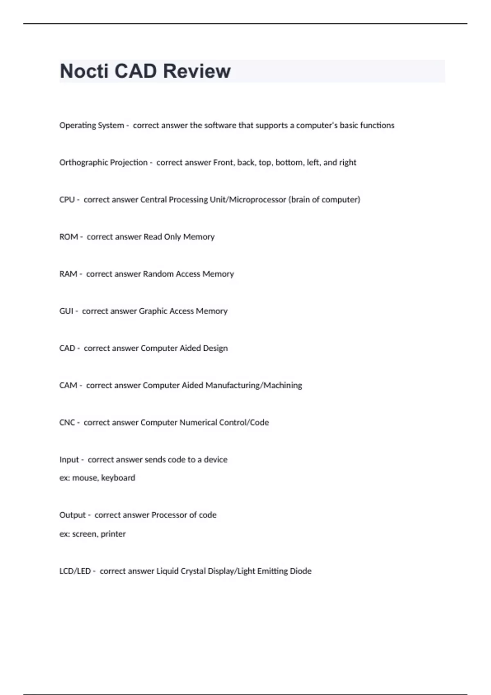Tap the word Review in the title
[x=197, y=71]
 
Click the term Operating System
[x=92, y=126]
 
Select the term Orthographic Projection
[x=103, y=163]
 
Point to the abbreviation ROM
[x=68, y=237]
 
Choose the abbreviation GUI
[x=66, y=311]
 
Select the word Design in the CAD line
[x=215, y=348]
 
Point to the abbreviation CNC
[x=67, y=423]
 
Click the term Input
[x=69, y=460]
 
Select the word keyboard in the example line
[x=118, y=478]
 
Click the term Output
[x=72, y=515]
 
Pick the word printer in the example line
[x=113, y=534]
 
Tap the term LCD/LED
[x=75, y=571]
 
